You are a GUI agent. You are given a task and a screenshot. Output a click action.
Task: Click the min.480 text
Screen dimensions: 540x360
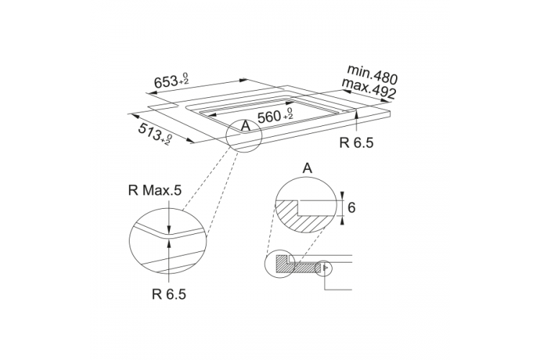point(372,74)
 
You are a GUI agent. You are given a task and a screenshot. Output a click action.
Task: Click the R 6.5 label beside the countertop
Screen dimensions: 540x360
point(356,143)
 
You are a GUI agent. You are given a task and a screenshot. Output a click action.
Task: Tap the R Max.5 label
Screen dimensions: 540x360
point(154,190)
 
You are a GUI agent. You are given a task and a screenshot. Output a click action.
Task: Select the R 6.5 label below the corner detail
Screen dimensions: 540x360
point(168,294)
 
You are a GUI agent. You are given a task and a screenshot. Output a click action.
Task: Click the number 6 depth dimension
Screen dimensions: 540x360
point(351,208)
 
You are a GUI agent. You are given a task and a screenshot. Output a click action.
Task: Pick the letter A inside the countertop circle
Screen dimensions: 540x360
point(246,126)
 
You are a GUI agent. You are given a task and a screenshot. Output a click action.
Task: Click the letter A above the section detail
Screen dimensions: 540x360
point(307,168)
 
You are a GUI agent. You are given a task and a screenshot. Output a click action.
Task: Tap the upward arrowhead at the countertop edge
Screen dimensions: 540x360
point(356,114)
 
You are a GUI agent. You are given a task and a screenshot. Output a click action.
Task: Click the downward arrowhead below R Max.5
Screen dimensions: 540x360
point(168,230)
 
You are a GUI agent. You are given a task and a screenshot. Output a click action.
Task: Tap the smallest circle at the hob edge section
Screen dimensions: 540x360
point(325,268)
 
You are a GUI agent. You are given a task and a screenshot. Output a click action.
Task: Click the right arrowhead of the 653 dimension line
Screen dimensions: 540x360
point(243,80)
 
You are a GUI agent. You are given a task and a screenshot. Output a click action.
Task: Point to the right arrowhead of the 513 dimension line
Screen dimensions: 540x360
point(190,140)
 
